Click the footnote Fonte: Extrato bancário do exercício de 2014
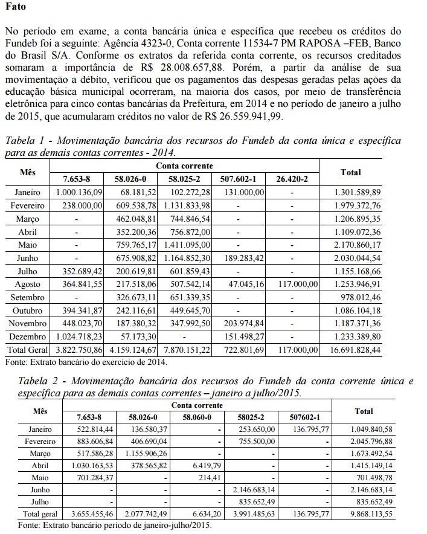[85, 362]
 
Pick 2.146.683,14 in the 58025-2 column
[255, 490]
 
